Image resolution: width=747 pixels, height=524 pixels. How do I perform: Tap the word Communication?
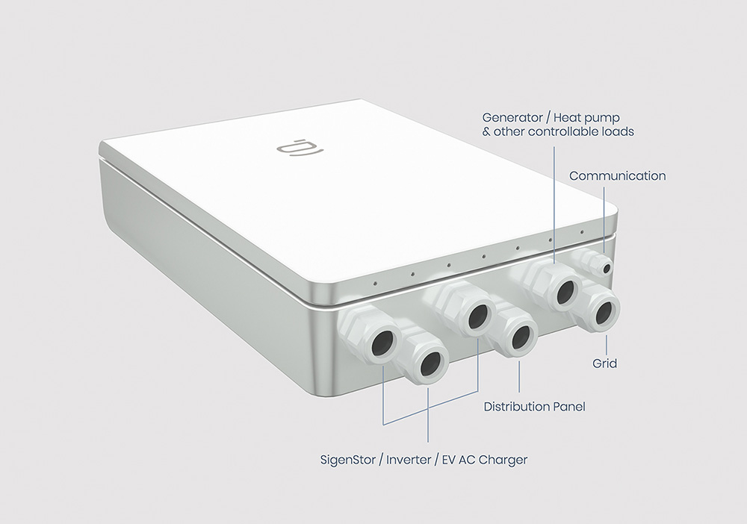coord(618,176)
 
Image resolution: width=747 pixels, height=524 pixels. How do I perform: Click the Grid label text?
coord(604,364)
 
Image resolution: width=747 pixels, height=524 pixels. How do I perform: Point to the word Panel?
coord(568,407)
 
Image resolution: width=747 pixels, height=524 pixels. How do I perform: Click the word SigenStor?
coord(348,461)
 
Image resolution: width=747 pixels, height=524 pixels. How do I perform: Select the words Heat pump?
coord(586,118)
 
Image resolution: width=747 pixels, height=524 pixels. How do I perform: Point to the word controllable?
coord(558,131)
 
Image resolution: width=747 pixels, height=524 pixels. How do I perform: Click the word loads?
coord(619,131)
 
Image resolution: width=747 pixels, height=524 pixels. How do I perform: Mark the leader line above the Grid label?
coord(607,344)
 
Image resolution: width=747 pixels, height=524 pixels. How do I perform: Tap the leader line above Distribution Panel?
coord(519,376)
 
